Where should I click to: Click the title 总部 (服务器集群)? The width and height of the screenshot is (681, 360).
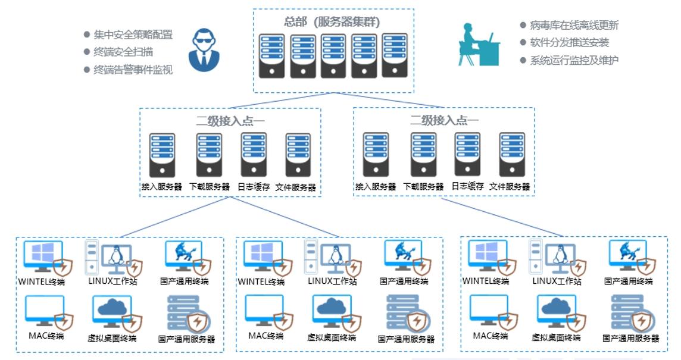pos(332,23)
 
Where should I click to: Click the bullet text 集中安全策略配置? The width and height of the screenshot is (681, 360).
pos(133,35)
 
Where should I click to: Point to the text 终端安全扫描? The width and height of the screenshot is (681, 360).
pos(123,52)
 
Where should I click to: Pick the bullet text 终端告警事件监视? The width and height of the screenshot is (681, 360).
pos(133,70)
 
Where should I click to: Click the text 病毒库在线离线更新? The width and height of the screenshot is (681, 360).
pos(574,25)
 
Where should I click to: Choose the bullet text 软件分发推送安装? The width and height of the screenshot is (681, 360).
pos(569,42)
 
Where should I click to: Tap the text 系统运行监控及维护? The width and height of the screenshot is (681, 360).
pos(574,60)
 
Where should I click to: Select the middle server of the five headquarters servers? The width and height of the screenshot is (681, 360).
pos(333,56)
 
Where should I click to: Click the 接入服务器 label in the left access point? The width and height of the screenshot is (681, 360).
pos(161,187)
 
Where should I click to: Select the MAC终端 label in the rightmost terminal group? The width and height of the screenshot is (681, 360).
pos(491,336)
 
